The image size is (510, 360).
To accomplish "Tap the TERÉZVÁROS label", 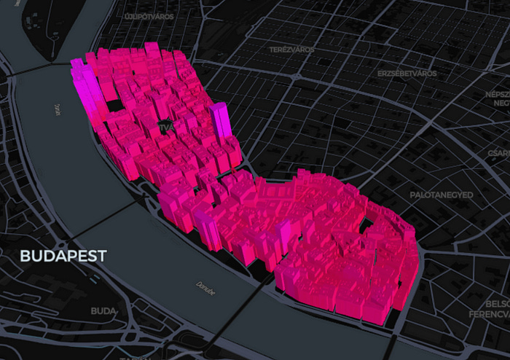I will point(291,50).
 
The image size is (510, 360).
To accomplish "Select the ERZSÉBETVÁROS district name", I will point(407,74).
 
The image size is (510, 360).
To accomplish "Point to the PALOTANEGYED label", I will point(442,195).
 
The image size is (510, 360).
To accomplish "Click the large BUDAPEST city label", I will point(63,256).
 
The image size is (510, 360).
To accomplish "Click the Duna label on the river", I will point(55,109).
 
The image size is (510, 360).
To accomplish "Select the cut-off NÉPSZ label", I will point(498,95).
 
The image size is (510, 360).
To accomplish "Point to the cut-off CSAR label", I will point(499,153).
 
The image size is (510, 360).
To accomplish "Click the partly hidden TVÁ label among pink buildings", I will point(167,127).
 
